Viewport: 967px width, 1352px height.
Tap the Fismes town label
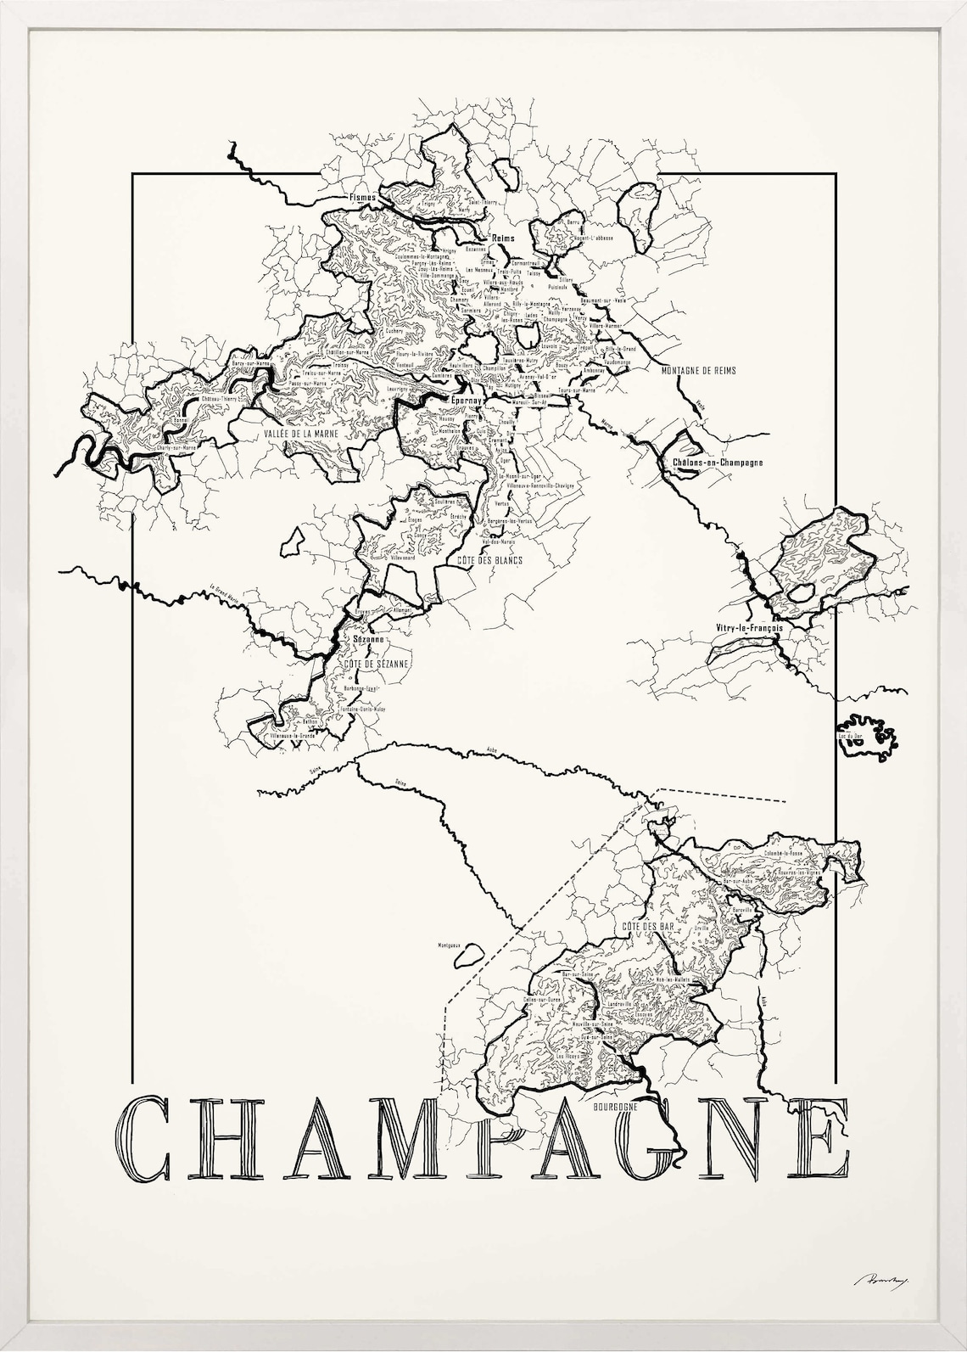coord(361,197)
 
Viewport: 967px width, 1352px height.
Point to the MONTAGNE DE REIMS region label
coord(701,371)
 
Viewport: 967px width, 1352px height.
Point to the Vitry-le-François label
coord(748,629)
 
